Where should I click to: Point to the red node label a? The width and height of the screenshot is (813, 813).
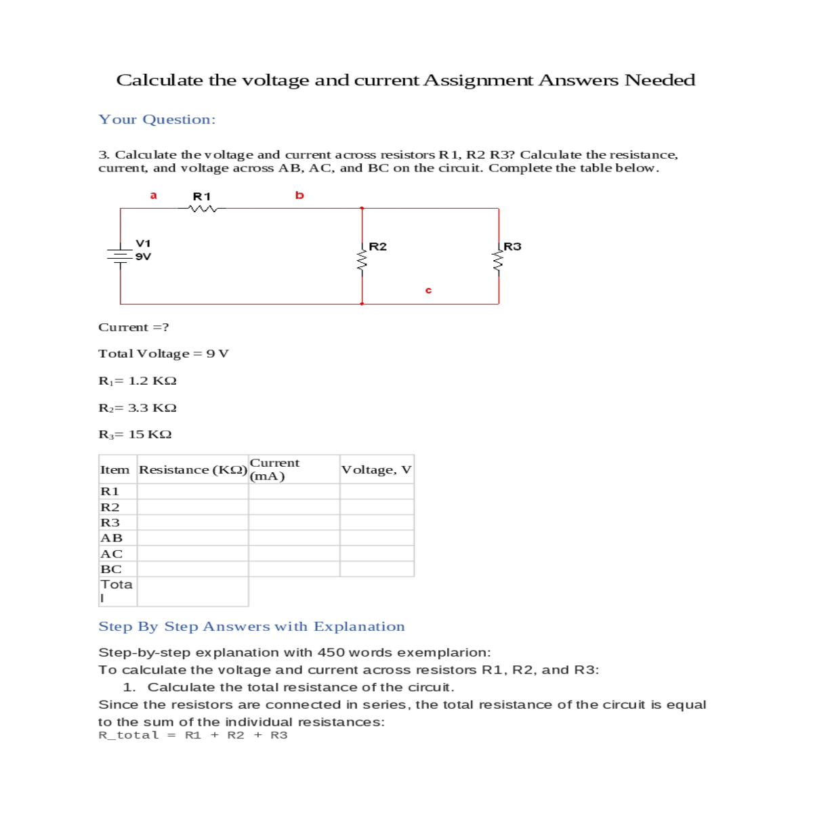[153, 195]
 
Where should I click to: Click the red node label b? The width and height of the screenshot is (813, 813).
[299, 195]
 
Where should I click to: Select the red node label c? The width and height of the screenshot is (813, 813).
[428, 290]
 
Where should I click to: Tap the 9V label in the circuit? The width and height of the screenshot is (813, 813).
[143, 257]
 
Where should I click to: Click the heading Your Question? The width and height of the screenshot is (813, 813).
[157, 119]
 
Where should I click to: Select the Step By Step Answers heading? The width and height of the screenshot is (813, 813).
[251, 627]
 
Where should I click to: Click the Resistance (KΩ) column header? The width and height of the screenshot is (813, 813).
[193, 470]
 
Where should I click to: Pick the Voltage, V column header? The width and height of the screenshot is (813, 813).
[377, 470]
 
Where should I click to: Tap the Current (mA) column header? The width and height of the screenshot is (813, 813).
[274, 469]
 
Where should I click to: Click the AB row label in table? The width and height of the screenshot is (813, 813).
[112, 538]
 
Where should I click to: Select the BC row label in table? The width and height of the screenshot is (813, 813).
[111, 569]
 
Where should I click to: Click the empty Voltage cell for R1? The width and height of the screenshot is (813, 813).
[377, 491]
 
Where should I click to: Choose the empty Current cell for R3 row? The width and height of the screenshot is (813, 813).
[294, 522]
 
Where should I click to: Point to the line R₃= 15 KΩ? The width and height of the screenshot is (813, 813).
[135, 434]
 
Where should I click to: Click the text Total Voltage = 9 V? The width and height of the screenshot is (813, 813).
[163, 354]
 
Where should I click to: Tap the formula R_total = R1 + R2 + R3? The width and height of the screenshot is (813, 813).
[193, 735]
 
